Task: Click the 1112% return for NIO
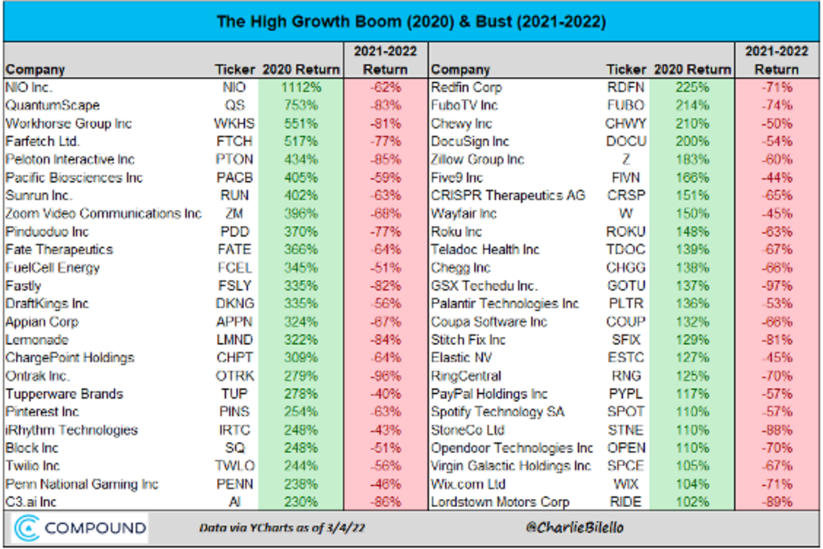300,88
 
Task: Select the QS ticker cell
234,106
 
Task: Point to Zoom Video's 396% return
300,214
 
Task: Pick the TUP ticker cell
234,394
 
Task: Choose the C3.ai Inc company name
32,502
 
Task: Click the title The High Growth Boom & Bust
411,22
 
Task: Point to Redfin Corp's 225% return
692,88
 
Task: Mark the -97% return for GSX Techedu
776,286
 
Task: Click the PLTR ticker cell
625,304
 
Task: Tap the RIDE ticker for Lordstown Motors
625,502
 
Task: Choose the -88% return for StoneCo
776,430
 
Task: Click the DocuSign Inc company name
470,142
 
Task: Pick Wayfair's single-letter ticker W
625,214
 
